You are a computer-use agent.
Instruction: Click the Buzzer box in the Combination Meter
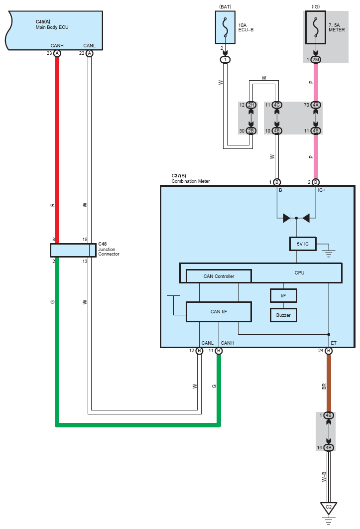283,315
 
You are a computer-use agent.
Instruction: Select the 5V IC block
303,244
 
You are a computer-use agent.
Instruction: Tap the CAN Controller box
219,276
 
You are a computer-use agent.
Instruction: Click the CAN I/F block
219,312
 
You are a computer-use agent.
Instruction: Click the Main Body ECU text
52,27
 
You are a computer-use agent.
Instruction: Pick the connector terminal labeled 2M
316,60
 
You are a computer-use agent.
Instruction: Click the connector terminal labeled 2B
251,131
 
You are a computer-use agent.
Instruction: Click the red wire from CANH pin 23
57,149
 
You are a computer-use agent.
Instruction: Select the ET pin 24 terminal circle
329,351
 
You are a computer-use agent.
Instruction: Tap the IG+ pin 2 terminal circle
316,182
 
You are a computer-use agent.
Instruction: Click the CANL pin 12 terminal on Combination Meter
199,351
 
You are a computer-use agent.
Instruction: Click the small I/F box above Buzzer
283,296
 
